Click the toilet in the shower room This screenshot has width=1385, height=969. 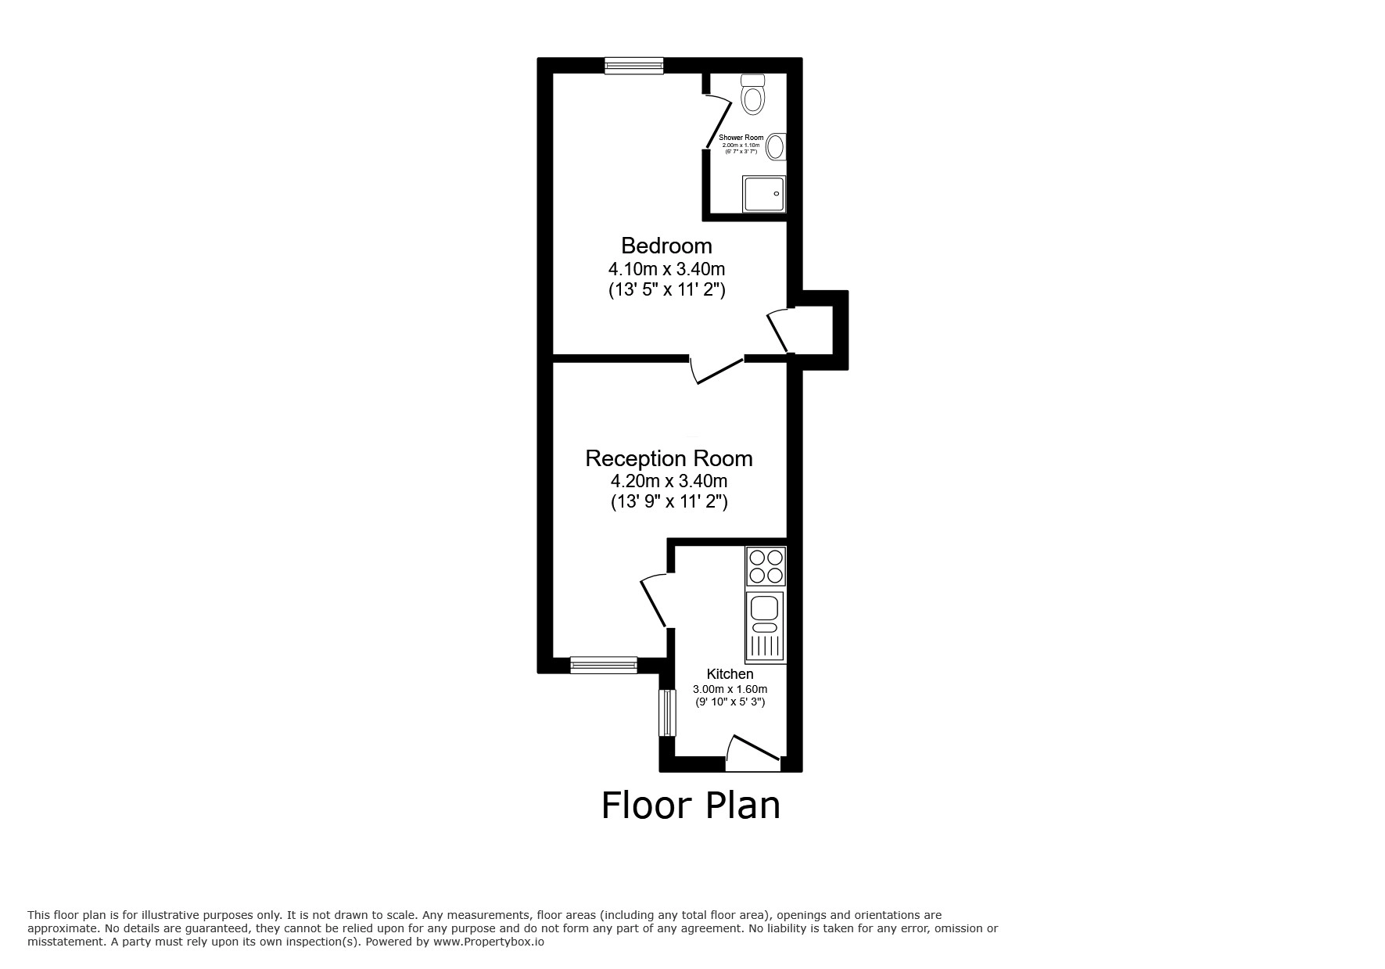(x=752, y=95)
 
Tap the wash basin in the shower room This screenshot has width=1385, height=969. (x=776, y=146)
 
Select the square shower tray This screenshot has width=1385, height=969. (x=763, y=193)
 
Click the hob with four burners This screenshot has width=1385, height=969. (x=766, y=567)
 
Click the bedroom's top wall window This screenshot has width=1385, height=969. (x=633, y=66)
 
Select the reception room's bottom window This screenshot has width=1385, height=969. (x=603, y=665)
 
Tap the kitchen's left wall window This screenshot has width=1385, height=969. (x=666, y=712)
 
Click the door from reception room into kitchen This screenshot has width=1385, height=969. (x=654, y=601)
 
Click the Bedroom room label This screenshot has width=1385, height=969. (x=666, y=246)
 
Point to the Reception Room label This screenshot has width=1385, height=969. (x=669, y=458)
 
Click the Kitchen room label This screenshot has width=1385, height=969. (x=730, y=674)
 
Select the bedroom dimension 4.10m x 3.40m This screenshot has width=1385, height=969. (x=666, y=269)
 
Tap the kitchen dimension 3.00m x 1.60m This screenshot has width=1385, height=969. (x=730, y=689)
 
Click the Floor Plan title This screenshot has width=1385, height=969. (x=691, y=806)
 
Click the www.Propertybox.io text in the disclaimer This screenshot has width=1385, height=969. (x=488, y=942)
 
